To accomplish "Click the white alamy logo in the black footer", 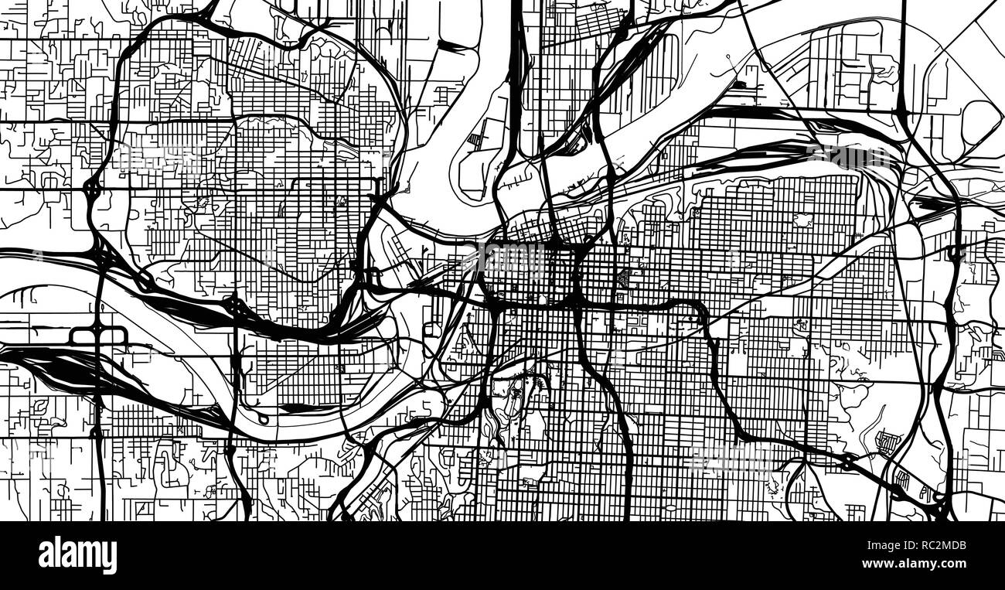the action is (x=77, y=555).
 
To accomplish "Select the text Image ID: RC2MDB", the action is (x=920, y=546).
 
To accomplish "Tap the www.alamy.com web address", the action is (x=920, y=565).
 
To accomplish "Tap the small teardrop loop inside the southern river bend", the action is (x=264, y=418).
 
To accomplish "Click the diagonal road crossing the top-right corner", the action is (x=974, y=35).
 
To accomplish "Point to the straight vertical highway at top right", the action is (x=903, y=54).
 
